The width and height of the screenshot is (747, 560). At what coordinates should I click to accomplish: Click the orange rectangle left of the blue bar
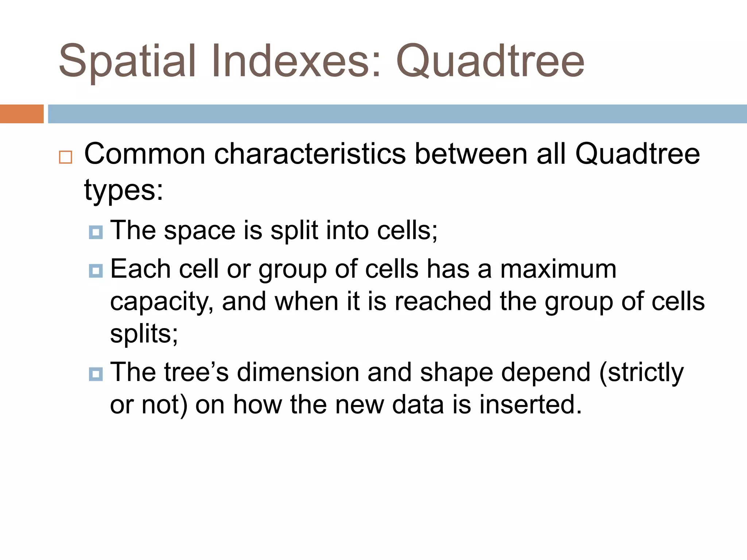point(22,114)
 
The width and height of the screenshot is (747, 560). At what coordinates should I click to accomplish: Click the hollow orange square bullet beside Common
point(66,157)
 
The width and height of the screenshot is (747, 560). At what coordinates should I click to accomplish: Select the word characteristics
point(310,154)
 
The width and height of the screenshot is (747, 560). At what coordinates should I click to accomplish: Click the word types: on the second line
point(123,190)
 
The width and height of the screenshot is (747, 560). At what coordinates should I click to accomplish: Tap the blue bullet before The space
point(96,232)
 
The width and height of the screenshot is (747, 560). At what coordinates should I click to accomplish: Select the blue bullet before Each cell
point(96,271)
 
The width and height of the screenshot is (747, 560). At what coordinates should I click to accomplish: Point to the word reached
point(443,302)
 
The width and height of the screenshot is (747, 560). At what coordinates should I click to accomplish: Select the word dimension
point(298,372)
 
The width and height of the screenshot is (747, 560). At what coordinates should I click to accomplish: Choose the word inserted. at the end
point(530,405)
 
